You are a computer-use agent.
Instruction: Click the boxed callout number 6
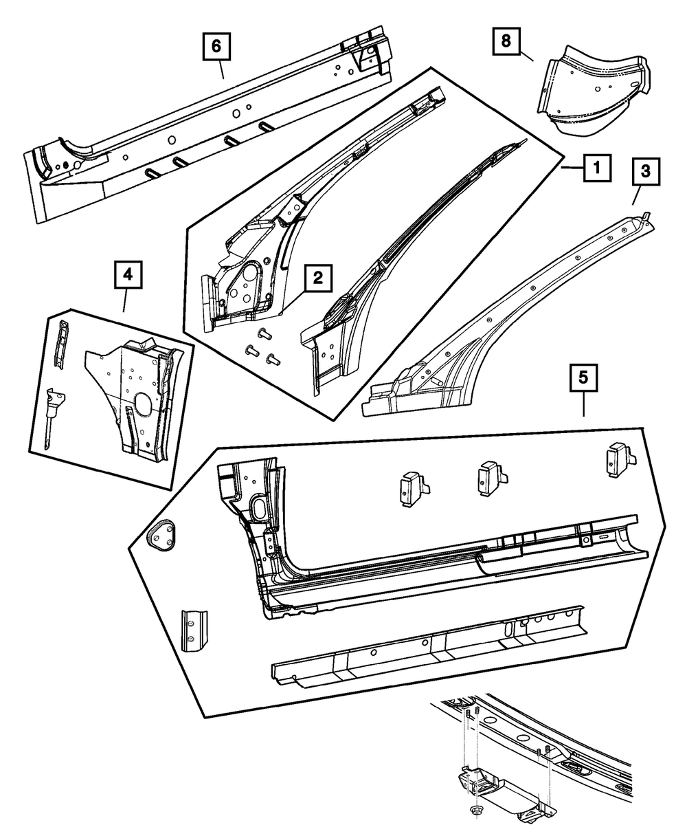216,46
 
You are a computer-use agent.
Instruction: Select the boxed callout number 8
506,42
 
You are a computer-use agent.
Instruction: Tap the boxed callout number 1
596,167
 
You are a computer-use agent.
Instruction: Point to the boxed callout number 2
318,278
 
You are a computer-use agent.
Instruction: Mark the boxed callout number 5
583,377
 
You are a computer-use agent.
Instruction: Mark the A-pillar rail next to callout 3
522,316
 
